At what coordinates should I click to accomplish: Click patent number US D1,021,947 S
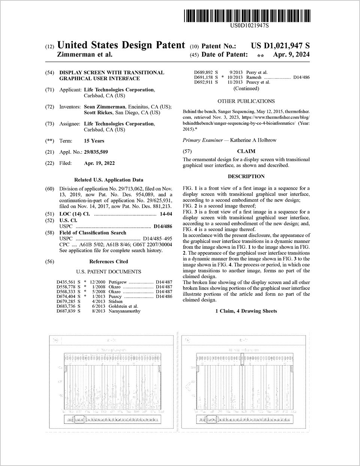click(x=280, y=46)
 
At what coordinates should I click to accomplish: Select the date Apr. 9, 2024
click(x=291, y=54)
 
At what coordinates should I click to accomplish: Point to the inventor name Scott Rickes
click(x=99, y=113)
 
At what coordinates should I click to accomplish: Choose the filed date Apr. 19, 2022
click(x=99, y=163)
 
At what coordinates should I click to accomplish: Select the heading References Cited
click(x=108, y=262)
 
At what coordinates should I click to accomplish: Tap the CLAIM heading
click(x=246, y=151)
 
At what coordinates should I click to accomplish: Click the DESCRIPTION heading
click(x=246, y=177)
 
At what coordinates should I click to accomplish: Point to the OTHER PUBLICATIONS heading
click(x=246, y=101)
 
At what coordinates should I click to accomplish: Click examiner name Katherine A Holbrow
click(x=253, y=140)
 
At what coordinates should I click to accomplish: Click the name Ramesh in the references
click(x=253, y=77)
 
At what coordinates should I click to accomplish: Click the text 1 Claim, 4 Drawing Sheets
click(x=246, y=311)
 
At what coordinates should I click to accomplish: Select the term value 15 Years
click(x=94, y=141)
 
